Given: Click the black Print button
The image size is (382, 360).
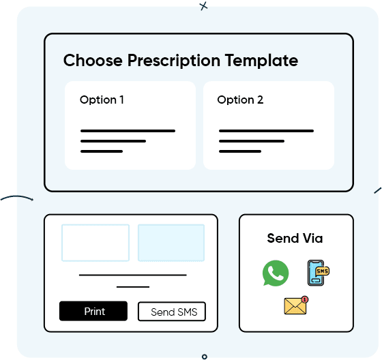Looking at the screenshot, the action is [93, 311].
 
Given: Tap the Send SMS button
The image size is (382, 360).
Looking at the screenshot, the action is [172, 312].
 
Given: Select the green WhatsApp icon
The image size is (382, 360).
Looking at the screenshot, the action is [276, 273].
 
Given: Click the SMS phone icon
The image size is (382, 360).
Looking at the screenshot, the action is [318, 273].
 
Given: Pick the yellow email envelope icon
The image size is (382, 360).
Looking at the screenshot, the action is [296, 305].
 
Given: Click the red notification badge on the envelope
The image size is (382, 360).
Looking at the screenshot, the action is [304, 299].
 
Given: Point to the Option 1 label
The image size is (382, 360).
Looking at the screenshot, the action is [102, 100].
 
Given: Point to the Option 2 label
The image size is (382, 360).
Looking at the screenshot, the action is [240, 100].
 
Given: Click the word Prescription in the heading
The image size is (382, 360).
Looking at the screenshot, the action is [174, 61].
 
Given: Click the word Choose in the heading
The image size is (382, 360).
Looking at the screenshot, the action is [93, 60].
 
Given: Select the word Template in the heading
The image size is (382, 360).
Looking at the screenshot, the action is [261, 61].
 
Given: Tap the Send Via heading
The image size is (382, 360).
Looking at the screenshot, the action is [295, 238].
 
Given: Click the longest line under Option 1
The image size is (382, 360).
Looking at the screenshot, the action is [128, 131].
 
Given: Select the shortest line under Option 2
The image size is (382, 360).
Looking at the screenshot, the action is [240, 151].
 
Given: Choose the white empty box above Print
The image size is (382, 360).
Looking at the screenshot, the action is [95, 243].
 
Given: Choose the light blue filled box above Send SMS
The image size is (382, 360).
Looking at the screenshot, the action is [171, 243].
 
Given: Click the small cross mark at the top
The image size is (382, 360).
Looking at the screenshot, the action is [204, 6].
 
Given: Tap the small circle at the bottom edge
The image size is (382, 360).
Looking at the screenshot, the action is [205, 357].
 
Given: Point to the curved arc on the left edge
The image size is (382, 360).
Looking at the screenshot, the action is [16, 196].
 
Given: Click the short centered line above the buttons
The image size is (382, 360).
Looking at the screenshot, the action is [133, 287].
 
